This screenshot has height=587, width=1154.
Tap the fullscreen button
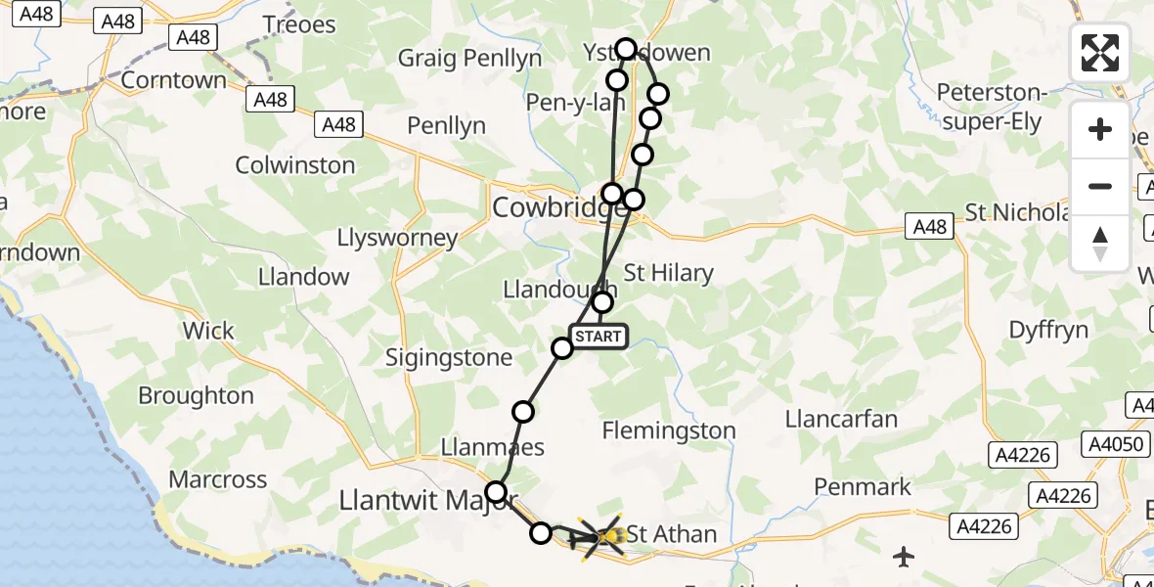point(1100,53)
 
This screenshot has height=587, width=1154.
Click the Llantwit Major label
point(426,501)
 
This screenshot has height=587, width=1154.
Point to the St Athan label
point(671,534)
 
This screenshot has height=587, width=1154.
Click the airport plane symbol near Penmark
point(905,557)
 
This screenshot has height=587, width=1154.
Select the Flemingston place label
point(669,430)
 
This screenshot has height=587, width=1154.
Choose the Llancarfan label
point(841,419)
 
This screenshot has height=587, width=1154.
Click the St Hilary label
point(669,273)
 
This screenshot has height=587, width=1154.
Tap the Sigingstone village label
point(449,358)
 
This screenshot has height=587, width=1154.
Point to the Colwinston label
point(295,164)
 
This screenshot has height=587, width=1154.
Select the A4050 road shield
point(1116,445)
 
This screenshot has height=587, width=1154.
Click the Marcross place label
point(218,479)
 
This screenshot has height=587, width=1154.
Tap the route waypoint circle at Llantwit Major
point(497,492)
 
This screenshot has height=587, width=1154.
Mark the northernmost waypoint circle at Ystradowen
point(626,48)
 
